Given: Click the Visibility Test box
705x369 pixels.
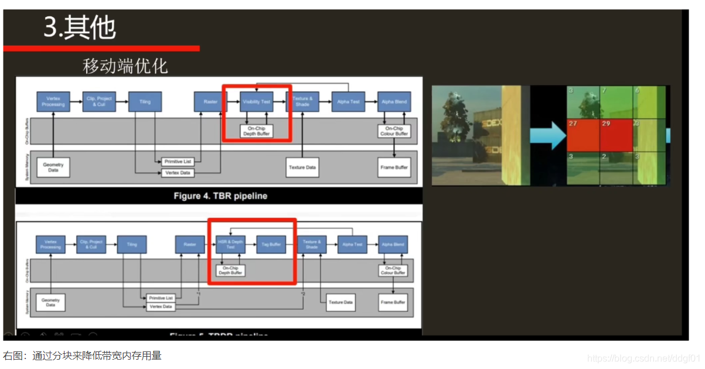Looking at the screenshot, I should pyautogui.click(x=257, y=102).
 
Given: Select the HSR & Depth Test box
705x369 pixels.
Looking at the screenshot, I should pyautogui.click(x=230, y=244).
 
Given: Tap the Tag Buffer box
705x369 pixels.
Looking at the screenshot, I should pyautogui.click(x=271, y=244).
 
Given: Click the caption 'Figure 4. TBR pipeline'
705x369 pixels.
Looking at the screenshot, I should pyautogui.click(x=220, y=196).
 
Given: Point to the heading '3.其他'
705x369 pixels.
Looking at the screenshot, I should pyautogui.click(x=80, y=27).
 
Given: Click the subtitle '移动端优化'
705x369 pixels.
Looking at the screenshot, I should pyautogui.click(x=125, y=66).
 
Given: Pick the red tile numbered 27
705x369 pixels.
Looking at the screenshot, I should pyautogui.click(x=583, y=135).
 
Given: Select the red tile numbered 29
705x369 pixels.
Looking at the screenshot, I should pyautogui.click(x=615, y=135).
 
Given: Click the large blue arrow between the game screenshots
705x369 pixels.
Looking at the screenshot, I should pyautogui.click(x=548, y=136).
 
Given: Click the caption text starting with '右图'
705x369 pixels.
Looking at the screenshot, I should pyautogui.click(x=82, y=356).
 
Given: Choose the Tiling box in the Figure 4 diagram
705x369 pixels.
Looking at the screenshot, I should pyautogui.click(x=145, y=102).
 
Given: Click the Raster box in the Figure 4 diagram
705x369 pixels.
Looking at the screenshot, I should pyautogui.click(x=210, y=102).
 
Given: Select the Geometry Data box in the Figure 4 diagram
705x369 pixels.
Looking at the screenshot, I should pyautogui.click(x=53, y=167).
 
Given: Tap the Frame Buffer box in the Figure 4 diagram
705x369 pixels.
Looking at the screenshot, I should pyautogui.click(x=394, y=167).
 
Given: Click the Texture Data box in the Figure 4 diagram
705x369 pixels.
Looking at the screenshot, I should pyautogui.click(x=302, y=167).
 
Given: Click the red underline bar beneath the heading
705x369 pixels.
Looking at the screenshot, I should pyautogui.click(x=101, y=48).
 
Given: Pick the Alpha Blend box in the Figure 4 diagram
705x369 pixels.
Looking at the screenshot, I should pyautogui.click(x=394, y=102).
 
